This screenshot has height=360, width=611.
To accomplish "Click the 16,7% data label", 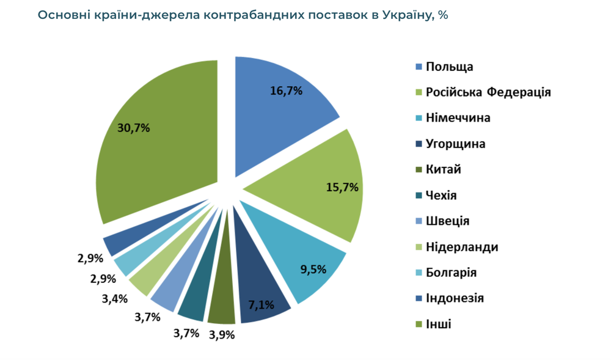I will pos(287,91).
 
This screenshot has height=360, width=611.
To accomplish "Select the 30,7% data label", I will pos(133,128).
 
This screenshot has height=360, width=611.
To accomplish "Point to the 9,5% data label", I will pos(313,268).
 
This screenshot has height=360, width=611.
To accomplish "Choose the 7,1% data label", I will pos(261,304).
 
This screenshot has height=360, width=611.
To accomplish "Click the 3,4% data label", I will pos(115,298).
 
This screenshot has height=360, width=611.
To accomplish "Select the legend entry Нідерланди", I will pos(461,247).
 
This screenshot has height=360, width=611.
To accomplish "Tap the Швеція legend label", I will pos(447,221).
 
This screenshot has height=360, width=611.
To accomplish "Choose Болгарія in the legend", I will pos(451,273).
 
